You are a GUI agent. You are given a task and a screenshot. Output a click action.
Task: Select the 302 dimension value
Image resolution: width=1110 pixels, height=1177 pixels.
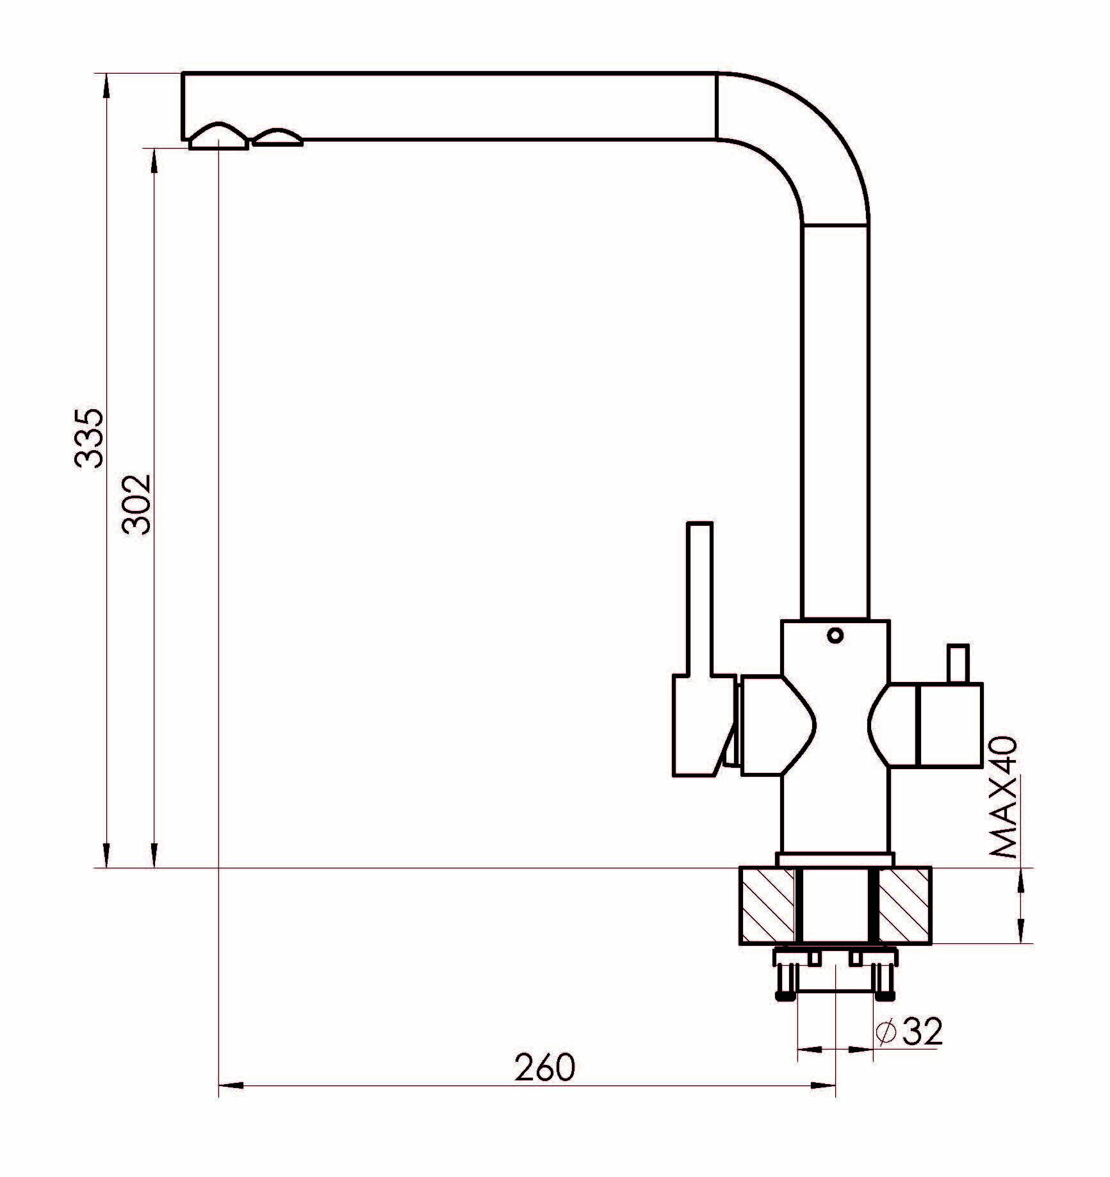pos(136,504)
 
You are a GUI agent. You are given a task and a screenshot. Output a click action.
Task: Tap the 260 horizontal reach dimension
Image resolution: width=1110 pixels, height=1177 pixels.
pos(545,1067)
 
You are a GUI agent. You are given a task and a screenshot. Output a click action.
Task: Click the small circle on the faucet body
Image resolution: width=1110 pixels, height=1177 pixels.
pos(835,635)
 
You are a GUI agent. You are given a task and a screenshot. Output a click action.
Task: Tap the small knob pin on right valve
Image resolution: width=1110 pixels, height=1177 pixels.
pos(958,665)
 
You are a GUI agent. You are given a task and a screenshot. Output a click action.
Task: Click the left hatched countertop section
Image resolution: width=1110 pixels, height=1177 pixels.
pos(767,905)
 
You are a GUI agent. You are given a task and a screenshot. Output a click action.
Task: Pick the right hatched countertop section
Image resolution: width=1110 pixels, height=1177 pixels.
pos(903,905)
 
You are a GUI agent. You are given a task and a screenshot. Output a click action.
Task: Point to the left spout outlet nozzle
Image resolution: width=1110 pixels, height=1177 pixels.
pos(218,136)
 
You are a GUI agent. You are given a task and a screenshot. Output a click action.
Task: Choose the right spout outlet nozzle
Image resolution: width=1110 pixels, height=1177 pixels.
pos(277,138)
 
